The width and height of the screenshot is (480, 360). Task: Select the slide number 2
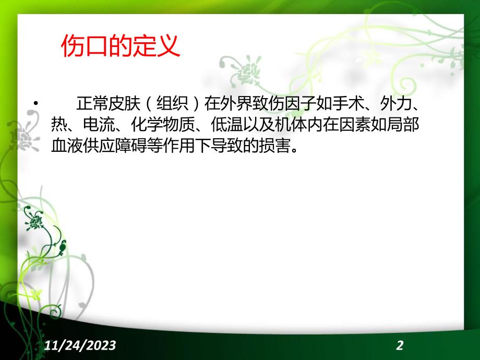pos(400,345)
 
